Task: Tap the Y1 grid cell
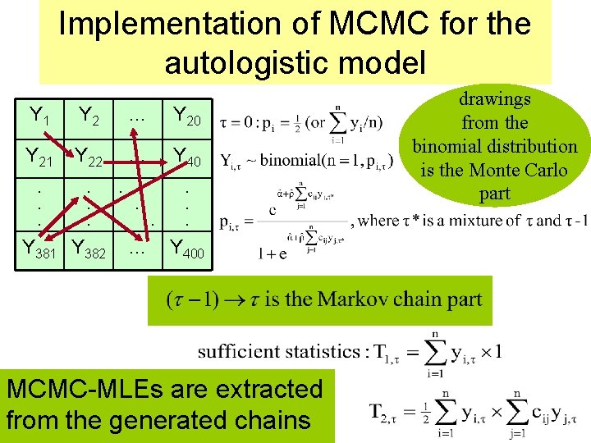click(x=39, y=116)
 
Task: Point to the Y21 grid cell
click(x=39, y=156)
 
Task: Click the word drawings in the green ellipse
click(x=494, y=99)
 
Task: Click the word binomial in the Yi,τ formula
click(x=293, y=160)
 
